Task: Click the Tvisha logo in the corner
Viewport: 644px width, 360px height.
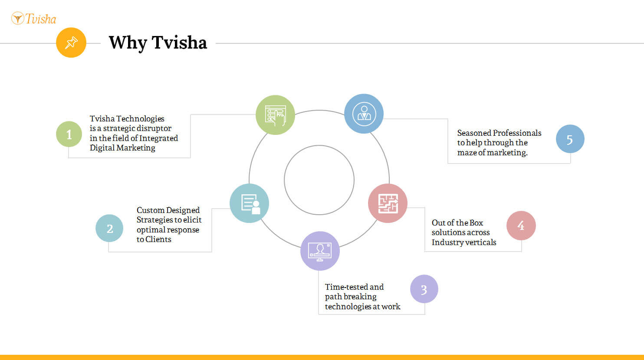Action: coord(34,18)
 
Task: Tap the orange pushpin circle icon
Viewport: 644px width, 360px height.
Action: coord(71,43)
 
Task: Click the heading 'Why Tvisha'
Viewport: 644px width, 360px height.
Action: coord(158,43)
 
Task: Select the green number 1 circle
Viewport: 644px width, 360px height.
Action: coord(69,134)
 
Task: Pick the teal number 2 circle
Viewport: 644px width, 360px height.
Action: coord(109,228)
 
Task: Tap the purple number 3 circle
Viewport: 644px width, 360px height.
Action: coord(424,289)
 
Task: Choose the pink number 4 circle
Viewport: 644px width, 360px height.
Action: coord(521,226)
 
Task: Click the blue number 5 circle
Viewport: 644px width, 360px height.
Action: coord(570,139)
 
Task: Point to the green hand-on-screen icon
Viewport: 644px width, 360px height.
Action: coord(275,115)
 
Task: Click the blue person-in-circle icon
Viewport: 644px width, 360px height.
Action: coord(364,114)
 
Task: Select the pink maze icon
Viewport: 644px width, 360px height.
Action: coord(388,203)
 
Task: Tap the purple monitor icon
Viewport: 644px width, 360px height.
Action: coord(320,251)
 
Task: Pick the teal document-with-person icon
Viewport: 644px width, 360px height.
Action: coord(249,203)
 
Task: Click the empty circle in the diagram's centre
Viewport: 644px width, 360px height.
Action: coord(319,145)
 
